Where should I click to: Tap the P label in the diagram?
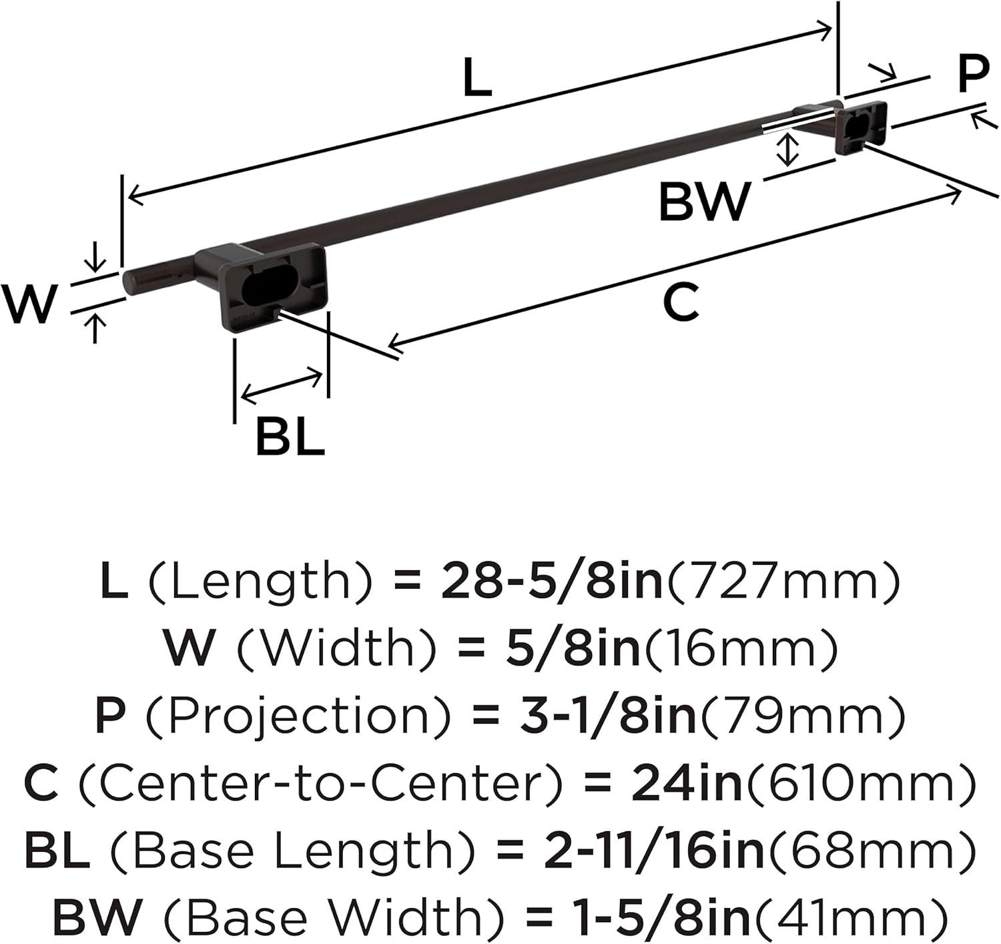click(x=973, y=74)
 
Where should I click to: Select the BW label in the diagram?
click(x=704, y=202)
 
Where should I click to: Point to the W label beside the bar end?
click(x=29, y=304)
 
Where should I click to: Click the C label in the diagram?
click(x=681, y=302)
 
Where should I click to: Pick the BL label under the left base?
click(x=290, y=437)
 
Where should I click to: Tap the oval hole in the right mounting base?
click(x=855, y=126)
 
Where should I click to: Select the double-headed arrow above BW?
click(x=786, y=150)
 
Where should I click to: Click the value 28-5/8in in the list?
click(x=552, y=583)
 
